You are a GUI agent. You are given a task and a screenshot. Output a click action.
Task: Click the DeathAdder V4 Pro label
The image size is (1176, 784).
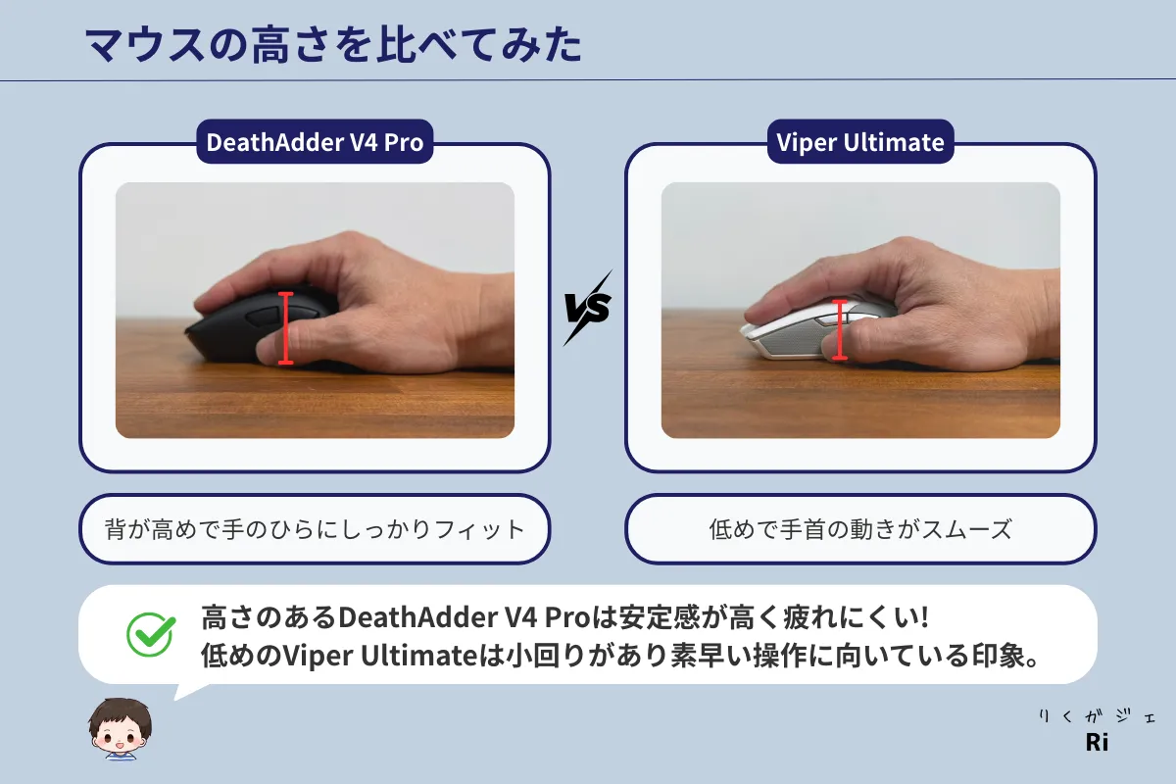pos(315,142)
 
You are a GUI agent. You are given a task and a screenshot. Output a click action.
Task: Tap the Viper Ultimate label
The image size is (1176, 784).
pos(860,142)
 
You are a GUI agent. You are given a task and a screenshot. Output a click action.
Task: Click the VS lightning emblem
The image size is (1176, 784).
pos(588,308)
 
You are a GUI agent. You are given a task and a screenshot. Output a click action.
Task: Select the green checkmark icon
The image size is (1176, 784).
pos(151,634)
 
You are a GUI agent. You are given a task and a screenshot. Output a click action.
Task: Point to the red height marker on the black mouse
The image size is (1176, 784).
pos(285,328)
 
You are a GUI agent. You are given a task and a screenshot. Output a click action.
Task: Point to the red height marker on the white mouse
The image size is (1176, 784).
pos(840,330)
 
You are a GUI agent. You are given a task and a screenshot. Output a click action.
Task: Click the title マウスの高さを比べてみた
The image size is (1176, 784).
pos(334,46)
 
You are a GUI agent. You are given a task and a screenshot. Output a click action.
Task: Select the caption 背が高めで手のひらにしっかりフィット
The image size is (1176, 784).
pos(315,529)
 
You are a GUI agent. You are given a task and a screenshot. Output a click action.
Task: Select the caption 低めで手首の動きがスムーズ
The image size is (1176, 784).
pos(860,529)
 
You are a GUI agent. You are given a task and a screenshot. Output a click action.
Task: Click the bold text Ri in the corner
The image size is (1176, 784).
pos(1097,742)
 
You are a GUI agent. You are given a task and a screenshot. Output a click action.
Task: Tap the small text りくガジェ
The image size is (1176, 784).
pos(1097,716)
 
